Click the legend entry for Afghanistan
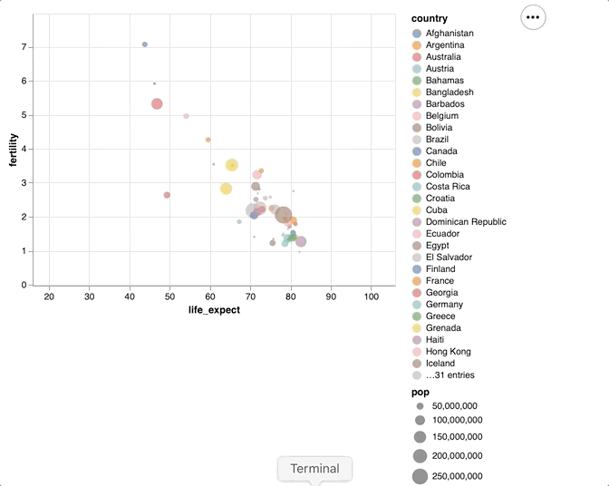(449, 34)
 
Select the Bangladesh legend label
(449, 92)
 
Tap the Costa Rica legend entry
(447, 187)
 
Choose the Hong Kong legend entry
(448, 352)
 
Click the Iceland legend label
(440, 364)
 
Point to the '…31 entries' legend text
(449, 375)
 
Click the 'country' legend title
(429, 18)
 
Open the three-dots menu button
(533, 16)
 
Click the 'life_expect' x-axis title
(214, 310)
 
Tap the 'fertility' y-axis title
(14, 150)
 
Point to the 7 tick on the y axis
(24, 47)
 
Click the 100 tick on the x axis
(371, 296)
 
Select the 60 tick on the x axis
(210, 296)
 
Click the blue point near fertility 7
(145, 44)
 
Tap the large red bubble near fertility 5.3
(157, 104)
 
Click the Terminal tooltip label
(314, 469)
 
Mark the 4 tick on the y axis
(24, 149)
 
